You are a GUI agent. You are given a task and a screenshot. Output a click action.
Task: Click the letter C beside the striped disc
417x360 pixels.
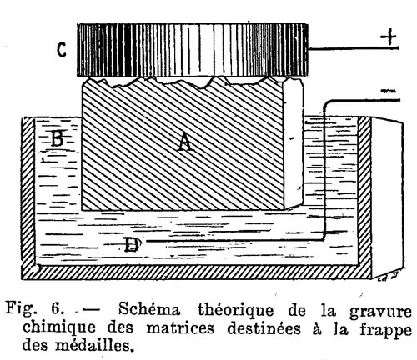click(x=62, y=50)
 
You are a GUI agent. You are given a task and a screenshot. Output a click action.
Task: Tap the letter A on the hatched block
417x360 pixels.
click(x=185, y=142)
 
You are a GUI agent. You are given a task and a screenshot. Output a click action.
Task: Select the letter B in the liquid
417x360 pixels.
click(x=58, y=138)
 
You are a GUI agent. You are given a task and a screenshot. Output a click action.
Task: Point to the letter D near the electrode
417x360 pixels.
click(x=132, y=244)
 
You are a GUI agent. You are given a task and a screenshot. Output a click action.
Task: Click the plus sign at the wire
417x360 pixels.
click(x=389, y=37)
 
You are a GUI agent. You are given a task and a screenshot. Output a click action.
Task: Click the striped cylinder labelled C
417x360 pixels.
click(x=193, y=50)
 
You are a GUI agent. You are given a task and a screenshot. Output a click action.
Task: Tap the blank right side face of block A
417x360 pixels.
click(x=294, y=143)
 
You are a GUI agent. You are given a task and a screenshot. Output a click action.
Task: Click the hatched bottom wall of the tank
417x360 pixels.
click(x=196, y=272)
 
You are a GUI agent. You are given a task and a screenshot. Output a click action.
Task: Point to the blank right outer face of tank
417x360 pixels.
click(x=387, y=197)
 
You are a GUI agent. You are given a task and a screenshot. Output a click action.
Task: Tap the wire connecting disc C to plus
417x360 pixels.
click(x=354, y=48)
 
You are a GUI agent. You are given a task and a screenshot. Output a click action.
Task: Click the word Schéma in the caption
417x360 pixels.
click(x=149, y=309)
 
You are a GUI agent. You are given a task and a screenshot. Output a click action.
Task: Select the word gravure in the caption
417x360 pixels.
click(x=380, y=312)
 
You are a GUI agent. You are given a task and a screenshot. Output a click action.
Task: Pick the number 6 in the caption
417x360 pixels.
click(x=56, y=308)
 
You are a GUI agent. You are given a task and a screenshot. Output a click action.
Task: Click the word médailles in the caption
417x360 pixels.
click(x=93, y=345)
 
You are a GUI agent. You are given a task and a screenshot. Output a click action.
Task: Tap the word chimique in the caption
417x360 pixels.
click(x=58, y=327)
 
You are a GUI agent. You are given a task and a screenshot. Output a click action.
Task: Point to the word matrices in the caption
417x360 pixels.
click(x=180, y=327)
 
